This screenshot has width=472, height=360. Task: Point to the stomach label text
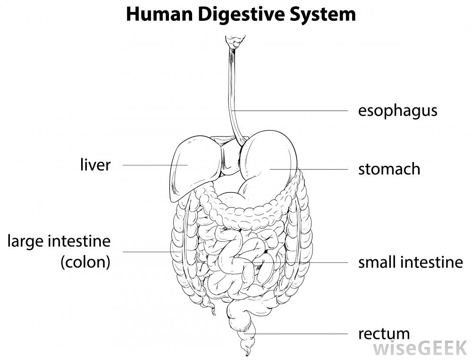[x=389, y=169]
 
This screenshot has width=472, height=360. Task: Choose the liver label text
[x=95, y=165]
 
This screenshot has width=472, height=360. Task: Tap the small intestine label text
[x=410, y=262]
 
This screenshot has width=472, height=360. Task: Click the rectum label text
[x=384, y=334]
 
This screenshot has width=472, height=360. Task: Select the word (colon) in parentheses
[x=85, y=262]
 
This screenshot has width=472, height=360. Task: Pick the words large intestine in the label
[x=59, y=241]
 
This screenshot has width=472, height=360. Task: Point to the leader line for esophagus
[x=293, y=111]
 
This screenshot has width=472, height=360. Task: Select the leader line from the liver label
[x=151, y=165]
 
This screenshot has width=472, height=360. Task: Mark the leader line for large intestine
[x=146, y=252]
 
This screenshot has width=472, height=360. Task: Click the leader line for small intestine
[x=307, y=262]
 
